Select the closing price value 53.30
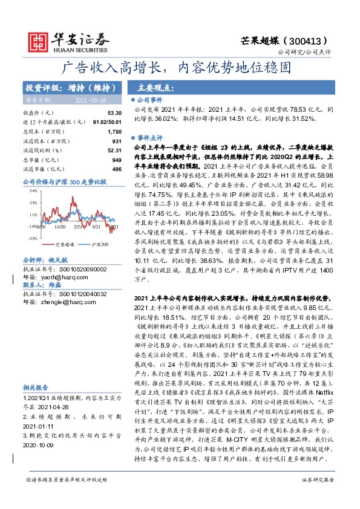[114, 113]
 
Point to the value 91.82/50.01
[107, 122]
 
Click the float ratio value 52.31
[114, 150]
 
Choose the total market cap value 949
[117, 160]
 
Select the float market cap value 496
[117, 169]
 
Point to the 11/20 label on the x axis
[59, 227]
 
